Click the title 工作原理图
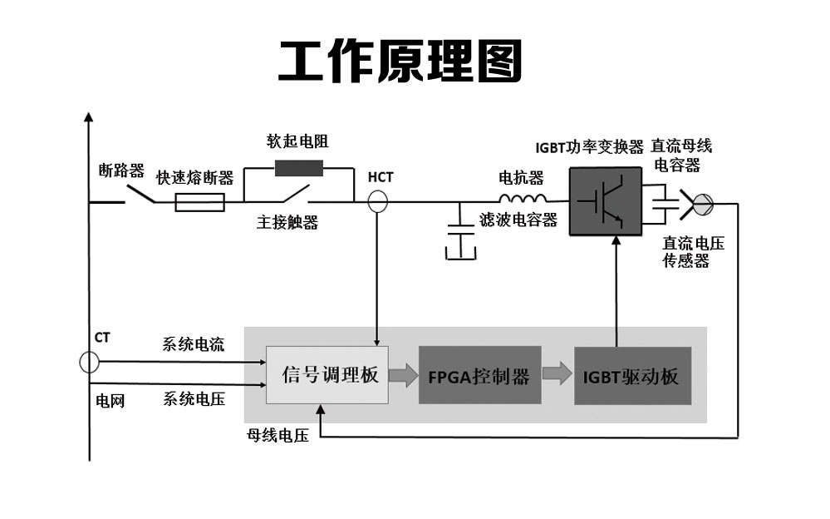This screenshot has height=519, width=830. point(400,62)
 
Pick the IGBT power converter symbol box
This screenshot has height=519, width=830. point(604,200)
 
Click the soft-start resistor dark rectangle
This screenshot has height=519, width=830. point(299,168)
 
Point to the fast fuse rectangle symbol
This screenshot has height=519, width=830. point(199,202)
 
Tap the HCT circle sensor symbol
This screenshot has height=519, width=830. point(378,201)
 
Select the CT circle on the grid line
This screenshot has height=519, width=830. point(89,363)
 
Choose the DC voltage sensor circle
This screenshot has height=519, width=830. point(703,201)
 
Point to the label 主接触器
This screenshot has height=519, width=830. point(287,223)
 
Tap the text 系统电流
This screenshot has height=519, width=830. point(193,345)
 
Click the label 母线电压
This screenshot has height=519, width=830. point(277,435)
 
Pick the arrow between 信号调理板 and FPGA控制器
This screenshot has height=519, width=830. point(403,375)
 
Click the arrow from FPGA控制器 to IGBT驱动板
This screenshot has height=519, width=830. point(557,375)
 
